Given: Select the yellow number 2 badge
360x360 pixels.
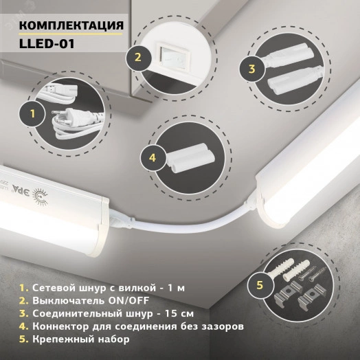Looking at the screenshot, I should [x=137, y=58].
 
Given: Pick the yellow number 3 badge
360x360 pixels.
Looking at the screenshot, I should [x=251, y=69].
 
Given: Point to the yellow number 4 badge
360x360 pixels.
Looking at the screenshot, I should [x=153, y=157].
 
